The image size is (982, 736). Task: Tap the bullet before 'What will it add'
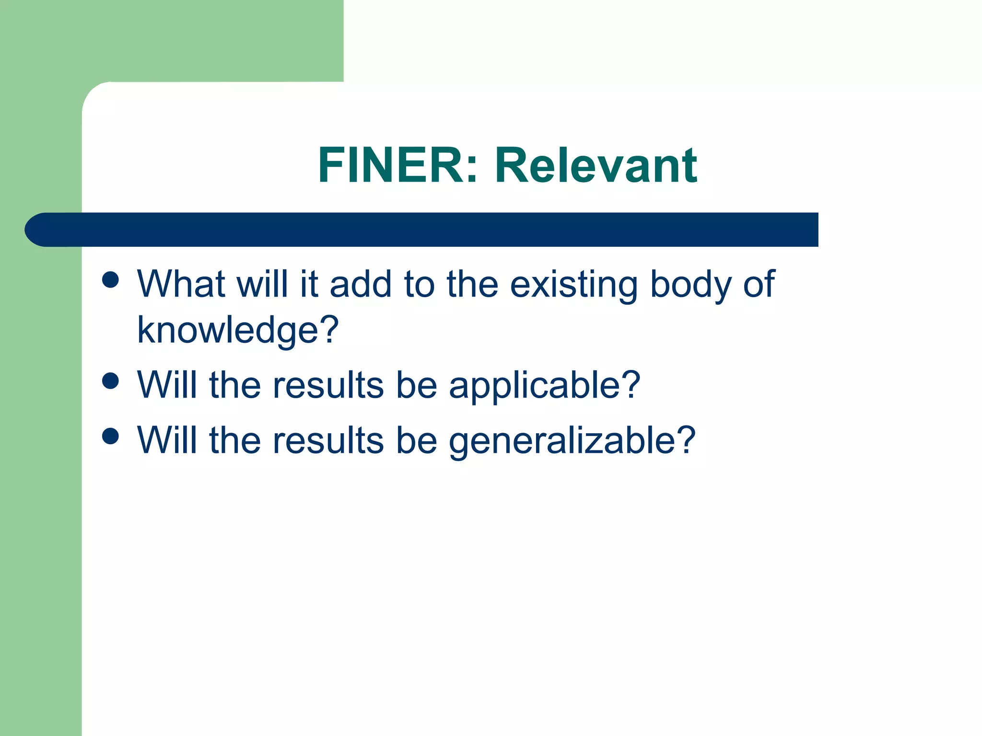pos(111,280)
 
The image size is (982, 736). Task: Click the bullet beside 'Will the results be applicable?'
pos(111,381)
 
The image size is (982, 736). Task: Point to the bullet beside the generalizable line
pos(111,437)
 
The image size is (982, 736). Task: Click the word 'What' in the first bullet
pos(181,284)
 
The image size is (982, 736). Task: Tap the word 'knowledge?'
pos(238,331)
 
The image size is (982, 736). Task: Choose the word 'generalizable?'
pos(572,441)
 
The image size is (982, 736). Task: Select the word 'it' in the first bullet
pos(309,284)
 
